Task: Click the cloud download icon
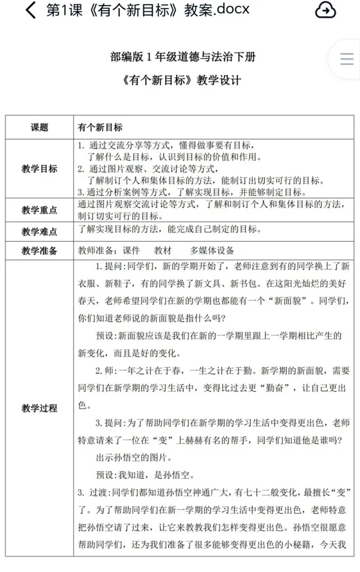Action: [326, 10]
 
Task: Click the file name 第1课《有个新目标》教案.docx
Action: [147, 10]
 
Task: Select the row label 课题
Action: [39, 128]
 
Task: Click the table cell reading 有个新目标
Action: [100, 128]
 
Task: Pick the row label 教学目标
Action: [39, 168]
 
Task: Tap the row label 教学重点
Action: [39, 210]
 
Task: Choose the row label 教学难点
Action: [39, 231]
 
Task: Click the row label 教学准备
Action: [39, 251]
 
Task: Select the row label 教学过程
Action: [39, 408]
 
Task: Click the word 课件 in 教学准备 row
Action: [131, 251]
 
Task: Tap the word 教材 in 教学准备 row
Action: [163, 251]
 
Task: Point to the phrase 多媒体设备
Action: [212, 251]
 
